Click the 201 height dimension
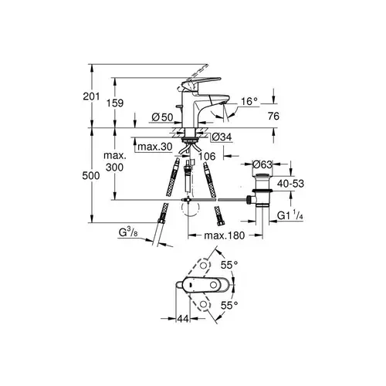click(x=91, y=96)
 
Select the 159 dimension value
click(x=115, y=103)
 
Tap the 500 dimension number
click(x=91, y=176)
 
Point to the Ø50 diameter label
click(x=162, y=117)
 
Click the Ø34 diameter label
click(x=222, y=137)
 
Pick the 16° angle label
click(x=249, y=102)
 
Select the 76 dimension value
click(x=273, y=117)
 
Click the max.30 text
click(x=154, y=147)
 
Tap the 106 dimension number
click(x=207, y=156)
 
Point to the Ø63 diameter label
click(x=262, y=164)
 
